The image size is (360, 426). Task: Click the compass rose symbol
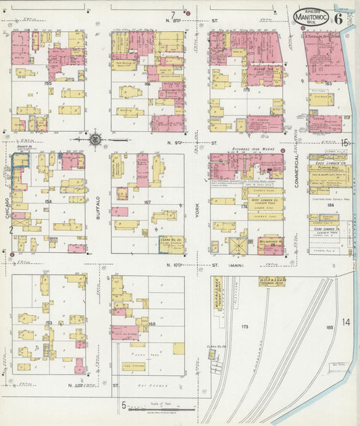pyautogui.click(x=96, y=140)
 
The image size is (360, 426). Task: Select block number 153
pyautogui.click(x=49, y=323)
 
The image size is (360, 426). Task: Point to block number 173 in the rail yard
pyautogui.click(x=245, y=326)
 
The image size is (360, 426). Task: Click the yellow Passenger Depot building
pyautogui.click(x=272, y=281)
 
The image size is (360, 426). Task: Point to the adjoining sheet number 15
pyautogui.click(x=345, y=142)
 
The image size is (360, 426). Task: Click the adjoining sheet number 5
pyautogui.click(x=124, y=406)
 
